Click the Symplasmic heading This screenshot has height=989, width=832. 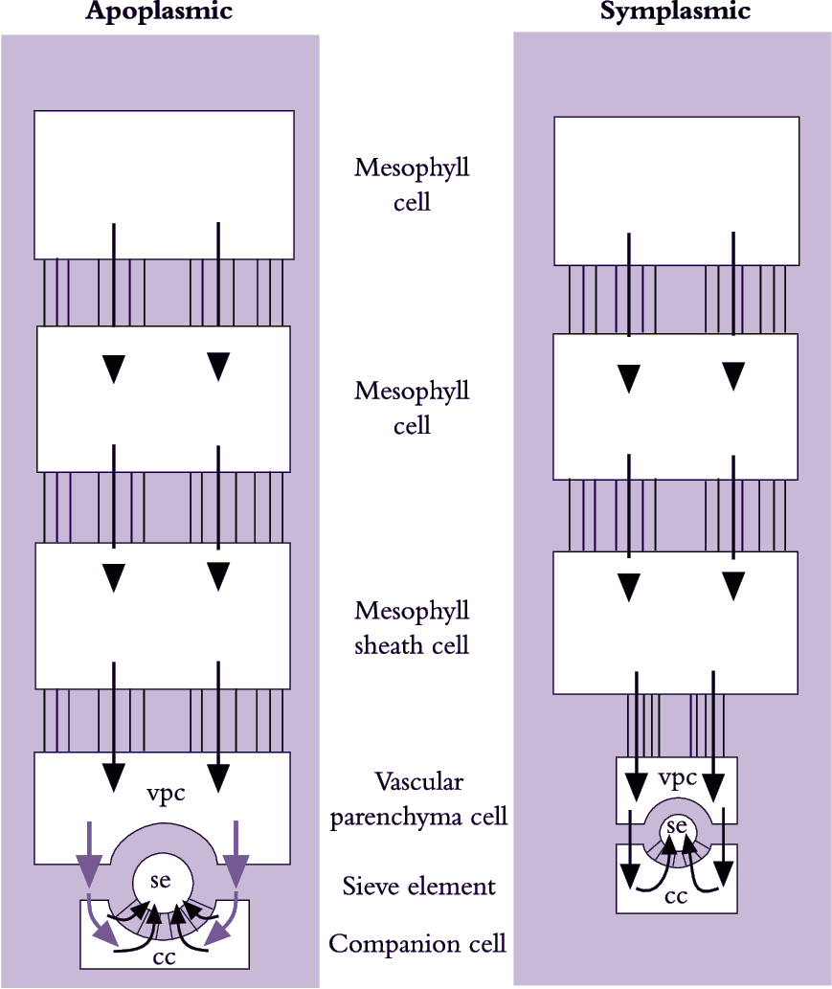[675, 11]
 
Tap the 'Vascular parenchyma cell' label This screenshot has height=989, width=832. [418, 799]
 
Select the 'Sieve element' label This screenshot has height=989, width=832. [419, 887]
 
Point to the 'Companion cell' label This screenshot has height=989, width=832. [417, 944]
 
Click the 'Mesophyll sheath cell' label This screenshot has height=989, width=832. [412, 627]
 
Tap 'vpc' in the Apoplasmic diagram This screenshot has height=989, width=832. [166, 795]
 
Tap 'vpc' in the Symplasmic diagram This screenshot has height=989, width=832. [678, 777]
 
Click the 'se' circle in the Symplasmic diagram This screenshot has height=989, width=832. [677, 824]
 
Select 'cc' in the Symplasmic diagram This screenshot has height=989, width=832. [676, 896]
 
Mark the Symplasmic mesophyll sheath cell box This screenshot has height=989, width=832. [677, 622]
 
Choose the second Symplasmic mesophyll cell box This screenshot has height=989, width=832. [677, 406]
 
